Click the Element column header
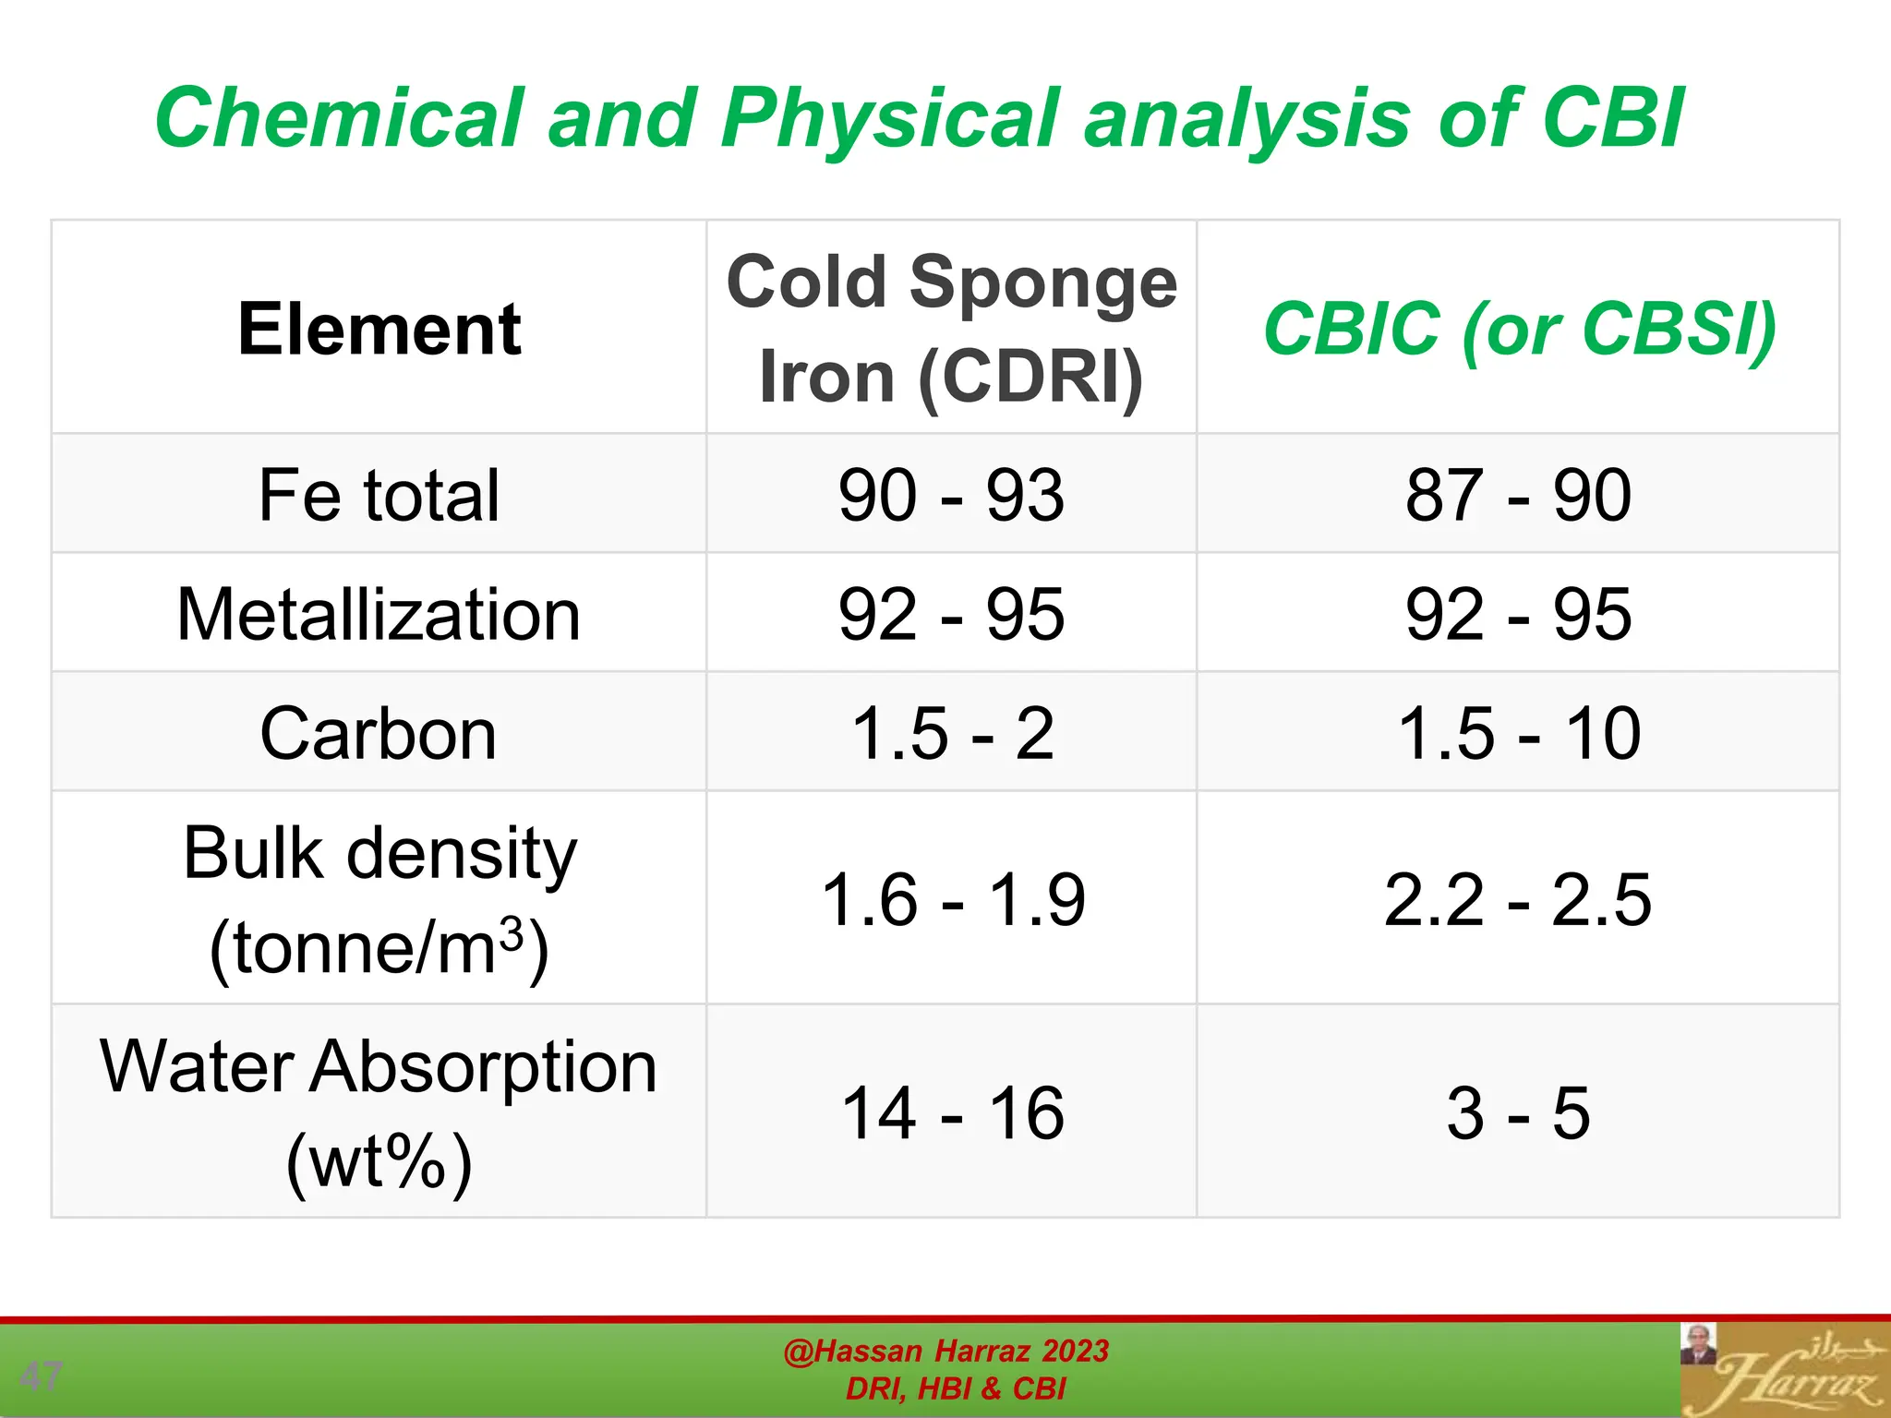(379, 329)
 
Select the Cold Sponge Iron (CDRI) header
(951, 329)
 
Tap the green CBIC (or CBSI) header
(1519, 329)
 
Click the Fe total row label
(379, 495)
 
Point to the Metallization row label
(379, 614)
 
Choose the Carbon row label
(379, 733)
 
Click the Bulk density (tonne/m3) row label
(379, 899)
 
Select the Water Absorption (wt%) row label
(379, 1112)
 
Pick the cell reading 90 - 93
(951, 495)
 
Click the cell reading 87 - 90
(1519, 495)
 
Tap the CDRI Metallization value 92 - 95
(951, 614)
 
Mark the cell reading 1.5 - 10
(1519, 733)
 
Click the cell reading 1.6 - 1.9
(951, 899)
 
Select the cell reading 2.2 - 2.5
(1519, 899)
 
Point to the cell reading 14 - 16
(951, 1112)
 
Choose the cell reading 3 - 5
(1519, 1112)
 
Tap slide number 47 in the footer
(41, 1376)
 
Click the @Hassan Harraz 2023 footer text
(945, 1351)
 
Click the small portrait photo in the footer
(1697, 1344)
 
